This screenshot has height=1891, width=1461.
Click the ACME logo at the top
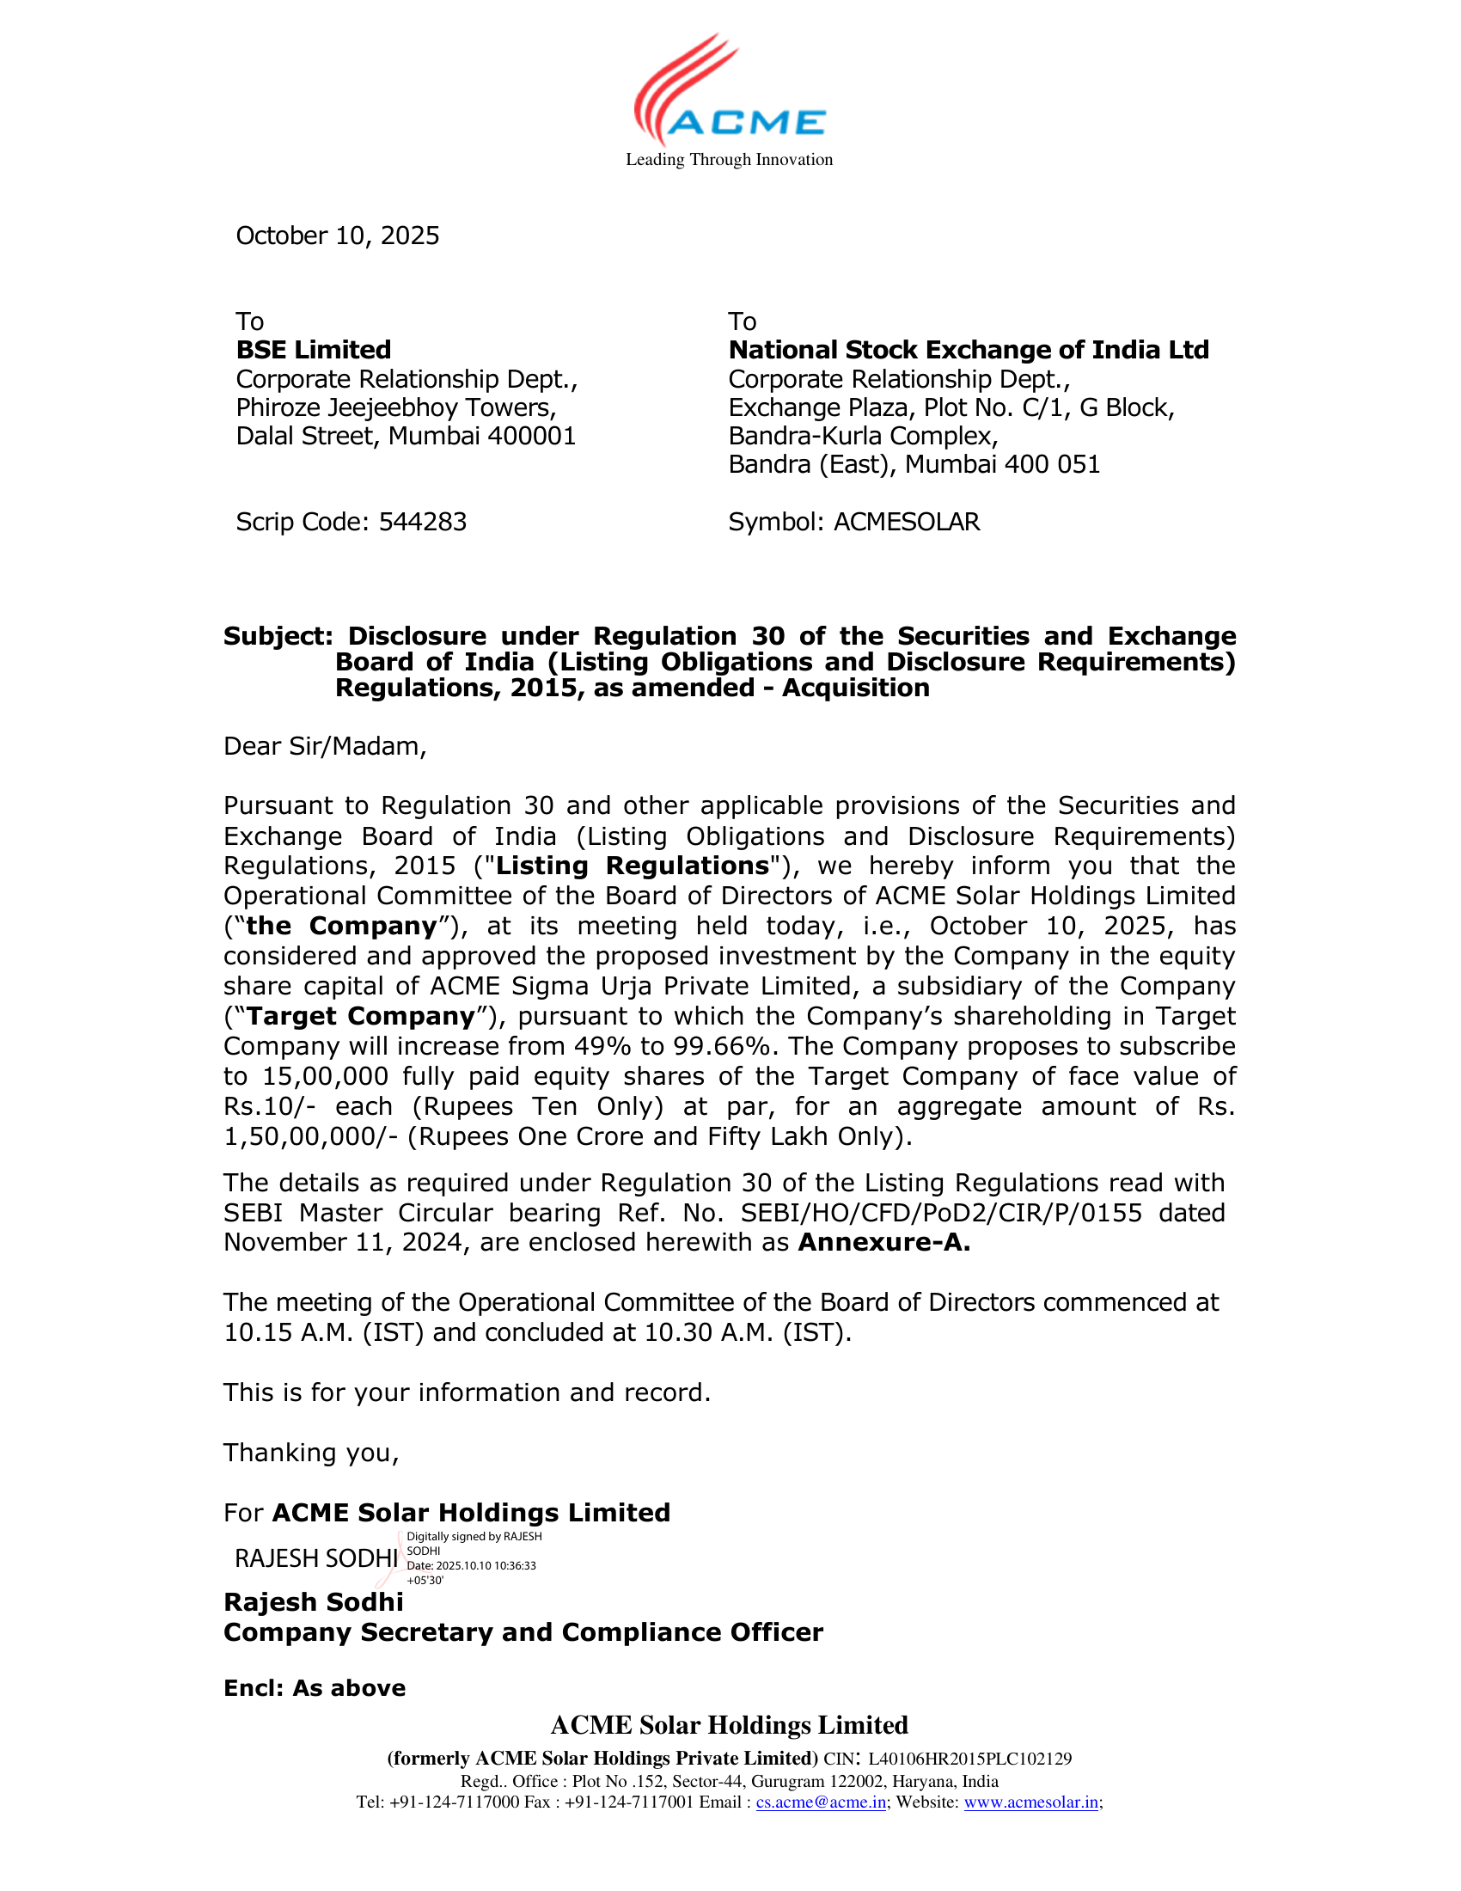point(729,91)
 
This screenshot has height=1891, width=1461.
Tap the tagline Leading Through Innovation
point(729,159)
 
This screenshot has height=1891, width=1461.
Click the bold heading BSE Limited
point(314,350)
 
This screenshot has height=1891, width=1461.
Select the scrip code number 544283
point(422,522)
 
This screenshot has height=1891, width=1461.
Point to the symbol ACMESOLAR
point(906,522)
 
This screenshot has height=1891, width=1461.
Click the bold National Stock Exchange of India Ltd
point(968,350)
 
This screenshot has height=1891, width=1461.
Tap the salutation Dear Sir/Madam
point(325,746)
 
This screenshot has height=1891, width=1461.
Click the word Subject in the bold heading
point(277,636)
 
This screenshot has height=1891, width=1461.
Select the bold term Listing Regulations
point(632,866)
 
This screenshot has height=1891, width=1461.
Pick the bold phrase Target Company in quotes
point(361,1017)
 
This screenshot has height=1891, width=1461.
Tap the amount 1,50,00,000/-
point(311,1136)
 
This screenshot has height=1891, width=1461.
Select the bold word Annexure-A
point(883,1243)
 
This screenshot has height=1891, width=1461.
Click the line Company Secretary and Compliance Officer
point(523,1632)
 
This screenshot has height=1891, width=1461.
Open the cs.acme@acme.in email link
point(821,1802)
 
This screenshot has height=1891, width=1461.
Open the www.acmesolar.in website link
point(1030,1802)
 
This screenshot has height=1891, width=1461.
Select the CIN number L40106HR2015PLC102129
point(969,1759)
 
